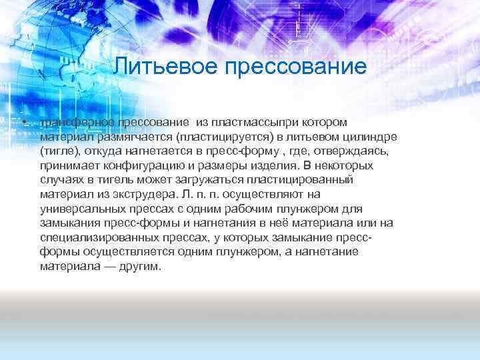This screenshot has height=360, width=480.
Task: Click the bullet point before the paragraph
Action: [x=23, y=123]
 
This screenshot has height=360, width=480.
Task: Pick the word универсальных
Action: [x=80, y=209]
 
